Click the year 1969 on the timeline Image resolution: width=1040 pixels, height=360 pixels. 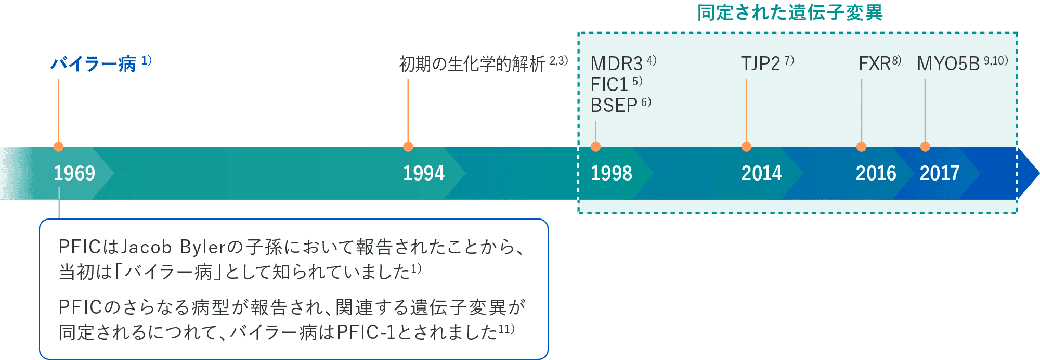(74, 173)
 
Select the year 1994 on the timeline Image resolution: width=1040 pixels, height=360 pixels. (423, 173)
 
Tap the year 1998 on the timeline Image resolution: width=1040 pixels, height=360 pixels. (611, 173)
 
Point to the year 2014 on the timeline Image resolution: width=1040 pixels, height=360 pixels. (761, 173)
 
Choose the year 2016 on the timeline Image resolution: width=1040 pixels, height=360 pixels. (876, 173)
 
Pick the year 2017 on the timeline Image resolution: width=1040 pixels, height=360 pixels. (939, 173)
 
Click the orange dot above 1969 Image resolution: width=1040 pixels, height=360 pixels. (59, 147)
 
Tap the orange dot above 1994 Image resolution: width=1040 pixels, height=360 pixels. (408, 147)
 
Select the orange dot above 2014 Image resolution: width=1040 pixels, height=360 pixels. (746, 147)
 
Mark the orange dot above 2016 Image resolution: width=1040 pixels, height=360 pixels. (861, 147)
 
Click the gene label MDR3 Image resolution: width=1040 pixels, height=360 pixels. (617, 64)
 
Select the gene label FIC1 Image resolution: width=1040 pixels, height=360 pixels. (609, 84)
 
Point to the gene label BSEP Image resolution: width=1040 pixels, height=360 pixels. (614, 105)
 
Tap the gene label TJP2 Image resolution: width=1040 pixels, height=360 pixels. (760, 64)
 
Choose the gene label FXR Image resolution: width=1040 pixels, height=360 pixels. (875, 64)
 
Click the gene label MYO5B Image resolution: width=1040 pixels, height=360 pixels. (948, 64)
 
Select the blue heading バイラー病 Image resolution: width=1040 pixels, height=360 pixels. (93, 64)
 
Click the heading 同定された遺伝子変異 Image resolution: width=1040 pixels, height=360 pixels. (789, 12)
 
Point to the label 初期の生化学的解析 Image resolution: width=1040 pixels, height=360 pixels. (472, 64)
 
